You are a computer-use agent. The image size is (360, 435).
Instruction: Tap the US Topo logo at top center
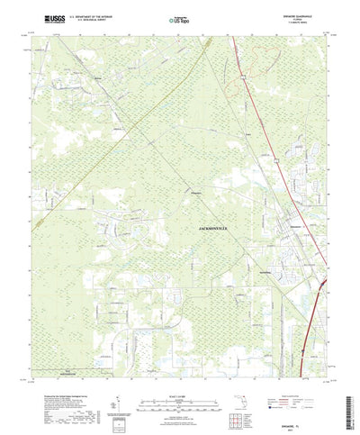point(179,18)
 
